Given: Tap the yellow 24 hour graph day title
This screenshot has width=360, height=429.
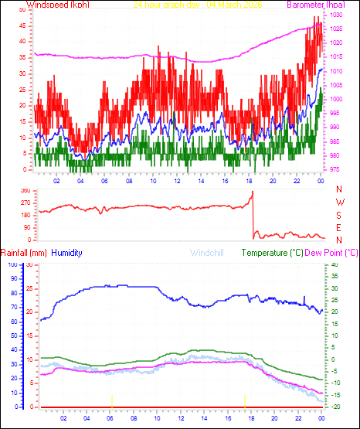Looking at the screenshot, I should (x=198, y=5).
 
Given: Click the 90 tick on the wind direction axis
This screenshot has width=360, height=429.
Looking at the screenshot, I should (x=26, y=227).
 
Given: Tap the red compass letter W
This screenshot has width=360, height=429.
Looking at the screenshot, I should (x=339, y=202).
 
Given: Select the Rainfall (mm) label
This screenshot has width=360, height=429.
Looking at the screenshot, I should (x=23, y=253).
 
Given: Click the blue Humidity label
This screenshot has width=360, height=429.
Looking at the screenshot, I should (x=68, y=253).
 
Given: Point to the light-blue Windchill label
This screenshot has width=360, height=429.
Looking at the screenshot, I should (x=206, y=253).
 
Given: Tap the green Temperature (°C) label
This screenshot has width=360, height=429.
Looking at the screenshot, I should (x=273, y=253).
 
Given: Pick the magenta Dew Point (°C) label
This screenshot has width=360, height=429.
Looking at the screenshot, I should (x=331, y=253).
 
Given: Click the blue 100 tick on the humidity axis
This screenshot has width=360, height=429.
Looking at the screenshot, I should (x=11, y=264).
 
